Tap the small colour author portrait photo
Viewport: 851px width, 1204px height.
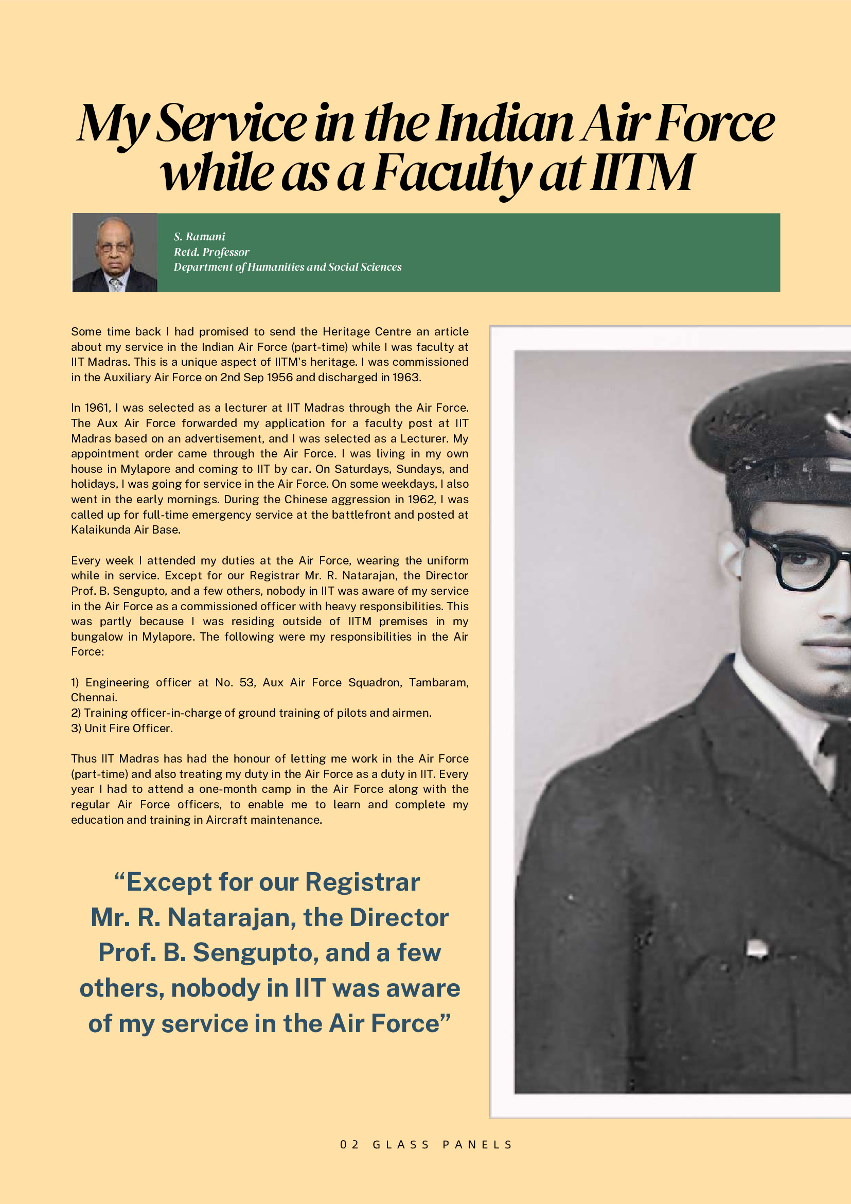click(114, 253)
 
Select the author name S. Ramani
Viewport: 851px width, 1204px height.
click(199, 237)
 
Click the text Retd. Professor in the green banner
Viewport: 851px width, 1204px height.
click(211, 252)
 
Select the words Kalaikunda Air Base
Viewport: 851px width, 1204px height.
click(126, 529)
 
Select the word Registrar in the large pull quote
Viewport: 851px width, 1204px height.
click(362, 882)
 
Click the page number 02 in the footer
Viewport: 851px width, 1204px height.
click(349, 1144)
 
